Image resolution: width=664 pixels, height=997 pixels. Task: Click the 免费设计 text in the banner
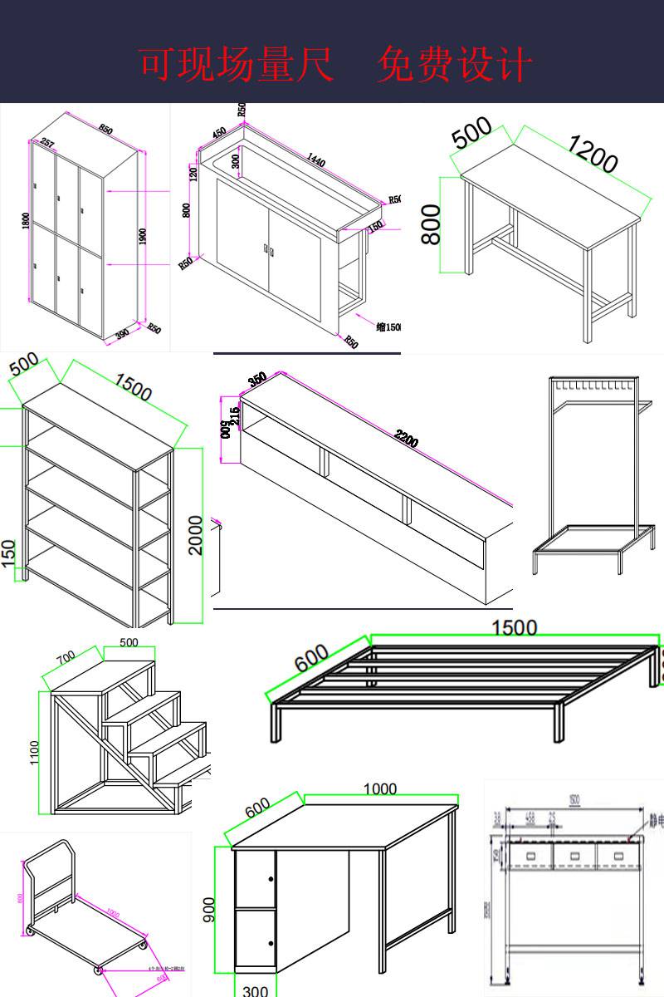point(454,65)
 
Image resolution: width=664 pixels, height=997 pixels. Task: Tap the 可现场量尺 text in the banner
point(236,65)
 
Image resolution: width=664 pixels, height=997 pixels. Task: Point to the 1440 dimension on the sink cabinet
point(316,158)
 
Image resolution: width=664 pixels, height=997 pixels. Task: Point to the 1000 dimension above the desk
point(380,788)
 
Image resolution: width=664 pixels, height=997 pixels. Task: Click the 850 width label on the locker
point(105,130)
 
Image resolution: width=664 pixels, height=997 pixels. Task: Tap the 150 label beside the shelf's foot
point(8,555)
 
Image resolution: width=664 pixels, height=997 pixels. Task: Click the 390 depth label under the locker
point(122,334)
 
